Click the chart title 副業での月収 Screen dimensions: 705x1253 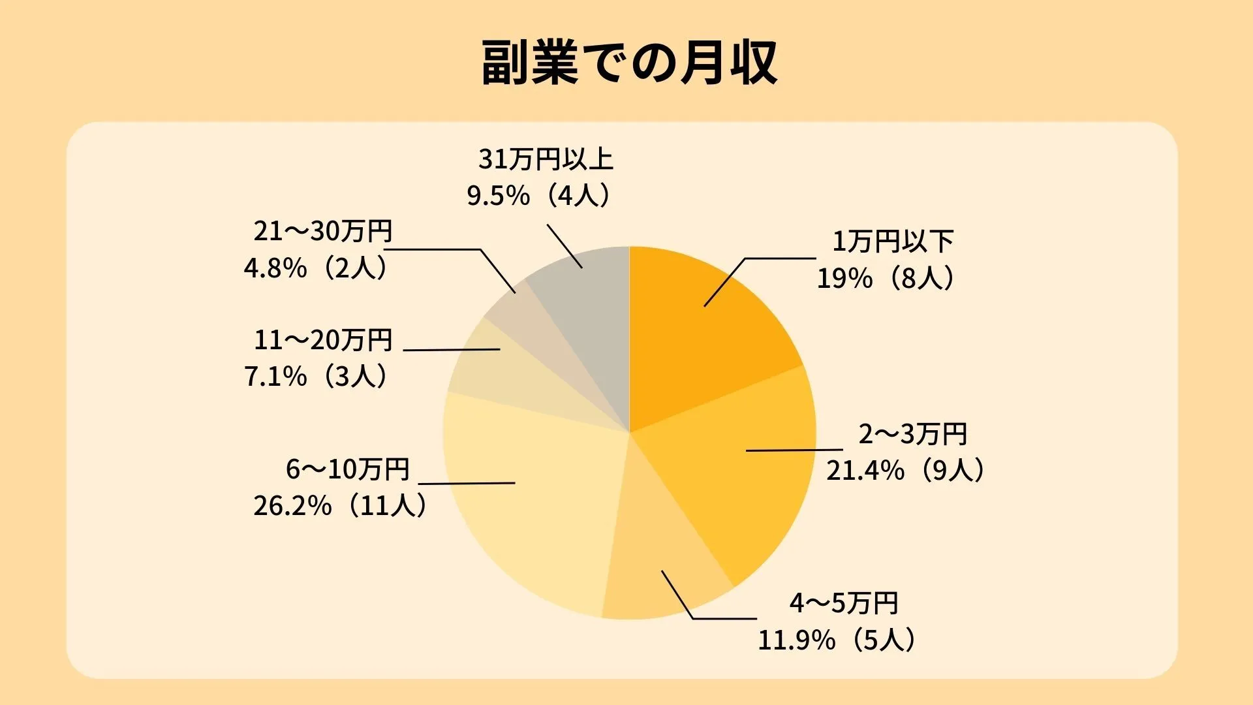tap(629, 63)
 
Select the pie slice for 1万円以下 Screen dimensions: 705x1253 tap(705, 339)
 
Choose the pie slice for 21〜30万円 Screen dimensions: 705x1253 tap(522, 313)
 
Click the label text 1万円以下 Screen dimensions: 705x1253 tap(892, 242)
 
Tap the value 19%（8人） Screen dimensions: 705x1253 tap(886, 279)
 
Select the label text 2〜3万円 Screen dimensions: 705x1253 tap(912, 434)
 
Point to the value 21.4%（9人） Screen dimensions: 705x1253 tap(905, 471)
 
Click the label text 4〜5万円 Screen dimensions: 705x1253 tap(844, 603)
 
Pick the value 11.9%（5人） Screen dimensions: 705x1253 tap(837, 640)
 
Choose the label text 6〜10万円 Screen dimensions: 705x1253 tap(347, 469)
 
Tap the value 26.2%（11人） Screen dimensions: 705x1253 tap(340, 506)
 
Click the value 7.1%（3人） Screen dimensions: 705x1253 tap(316, 377)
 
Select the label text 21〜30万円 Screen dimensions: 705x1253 tap(323, 231)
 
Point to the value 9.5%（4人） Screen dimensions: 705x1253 tap(539, 196)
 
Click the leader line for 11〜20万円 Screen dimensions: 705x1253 tap(452, 350)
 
